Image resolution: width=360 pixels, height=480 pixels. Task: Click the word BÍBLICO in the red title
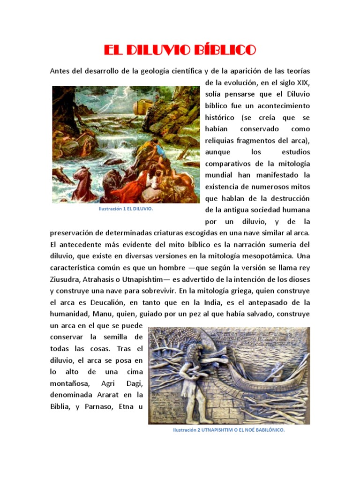coord(224,50)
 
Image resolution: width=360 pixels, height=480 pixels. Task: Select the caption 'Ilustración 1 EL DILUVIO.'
coord(126,209)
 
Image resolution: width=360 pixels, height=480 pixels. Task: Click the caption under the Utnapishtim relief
coord(229,429)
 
